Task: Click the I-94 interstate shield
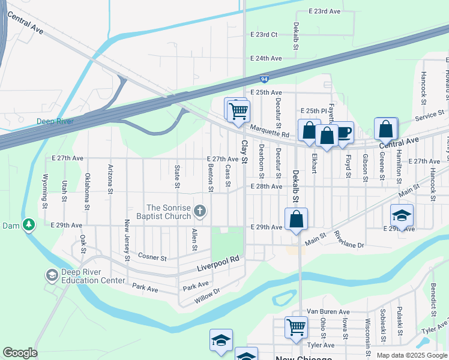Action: click(x=264, y=79)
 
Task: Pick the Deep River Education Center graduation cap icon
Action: click(x=52, y=275)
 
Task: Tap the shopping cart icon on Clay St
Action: click(x=238, y=110)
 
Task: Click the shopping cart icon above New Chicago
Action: click(x=296, y=327)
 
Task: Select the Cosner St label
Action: click(x=151, y=258)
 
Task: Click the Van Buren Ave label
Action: click(x=328, y=312)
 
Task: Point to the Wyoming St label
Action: click(x=44, y=193)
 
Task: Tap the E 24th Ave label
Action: click(x=266, y=59)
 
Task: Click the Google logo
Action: click(x=19, y=353)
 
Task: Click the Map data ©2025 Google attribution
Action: click(x=411, y=355)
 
